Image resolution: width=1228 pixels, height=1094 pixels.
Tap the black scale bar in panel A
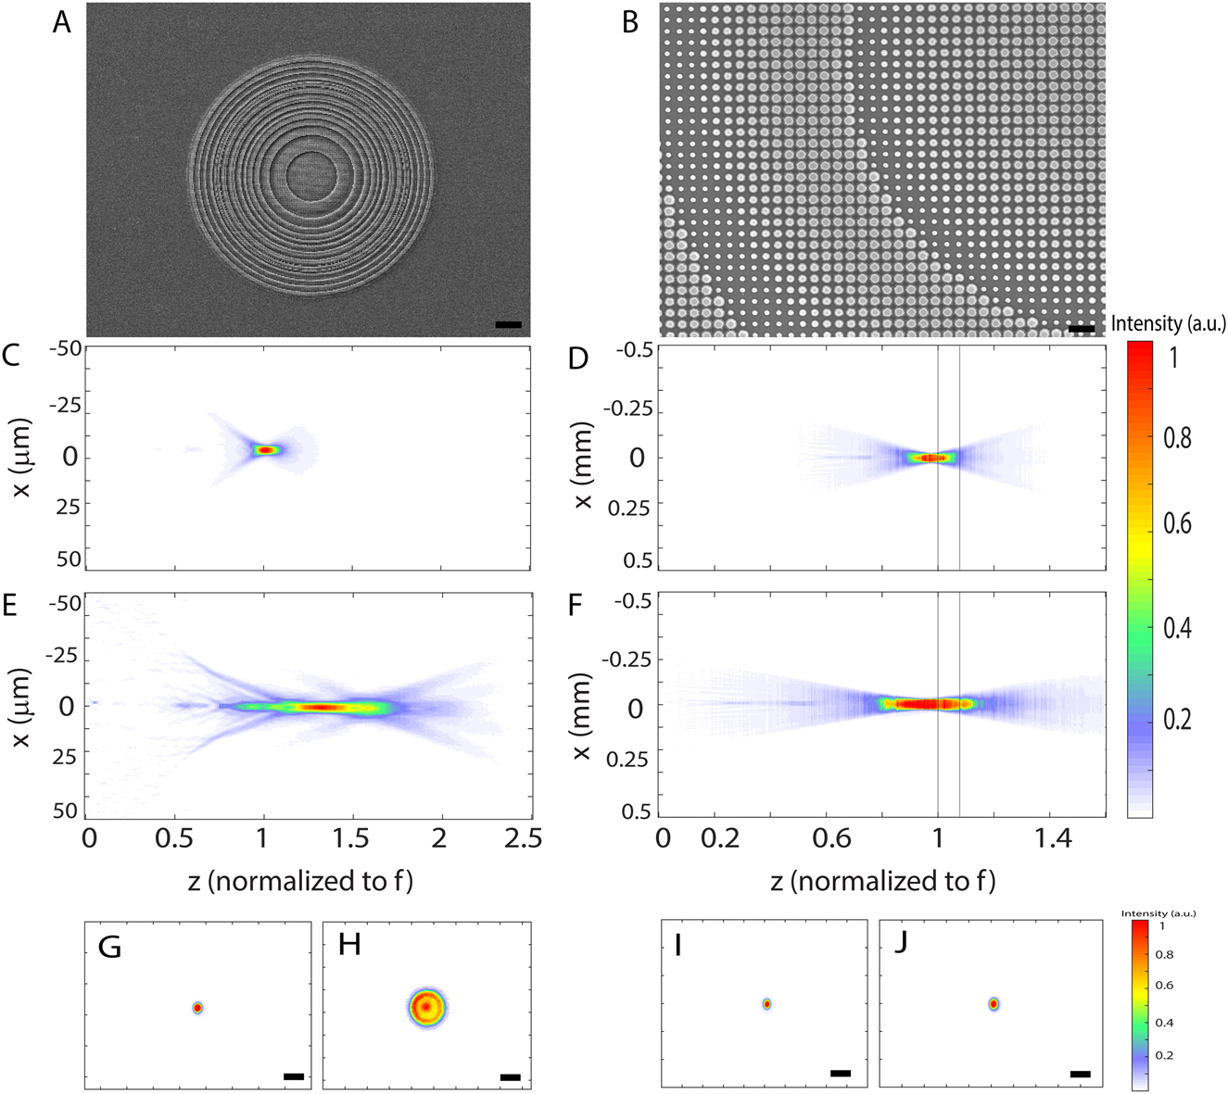(508, 325)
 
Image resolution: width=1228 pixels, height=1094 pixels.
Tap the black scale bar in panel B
(1081, 328)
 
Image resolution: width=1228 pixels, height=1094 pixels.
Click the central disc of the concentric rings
(311, 176)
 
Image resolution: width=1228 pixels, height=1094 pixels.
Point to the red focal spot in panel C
(266, 449)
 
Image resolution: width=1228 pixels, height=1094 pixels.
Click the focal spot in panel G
(197, 1007)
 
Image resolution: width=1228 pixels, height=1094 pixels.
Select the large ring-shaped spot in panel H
(426, 1006)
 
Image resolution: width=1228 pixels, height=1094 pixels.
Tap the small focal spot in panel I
(766, 1004)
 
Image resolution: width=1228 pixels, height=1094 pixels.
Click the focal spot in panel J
(994, 1003)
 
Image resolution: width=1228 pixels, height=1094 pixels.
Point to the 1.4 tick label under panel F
(1054, 838)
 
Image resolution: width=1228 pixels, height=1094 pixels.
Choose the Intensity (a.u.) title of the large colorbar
(1168, 323)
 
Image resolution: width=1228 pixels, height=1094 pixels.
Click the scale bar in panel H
(510, 1077)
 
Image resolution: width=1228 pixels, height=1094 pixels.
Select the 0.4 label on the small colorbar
(1164, 1024)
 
